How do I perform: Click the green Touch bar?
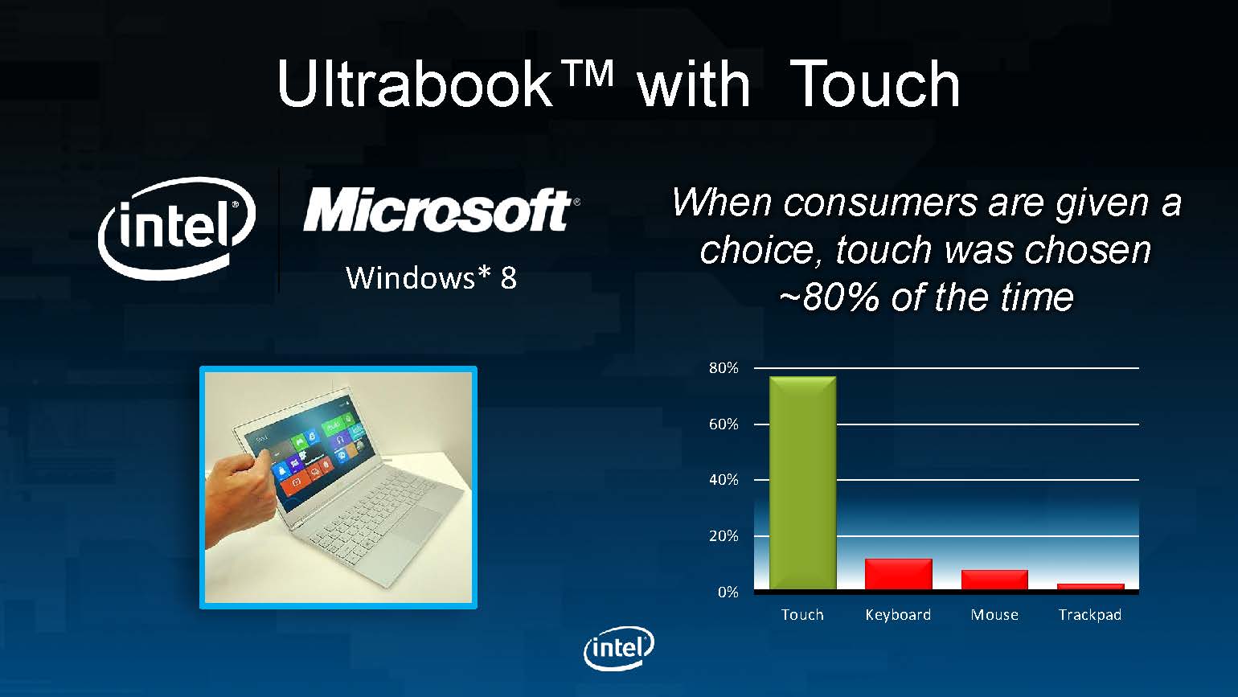tap(802, 483)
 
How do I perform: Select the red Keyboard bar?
tap(898, 574)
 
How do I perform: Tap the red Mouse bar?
tap(994, 580)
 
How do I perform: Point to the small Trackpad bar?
tap(1090, 586)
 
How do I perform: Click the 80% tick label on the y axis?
tap(724, 368)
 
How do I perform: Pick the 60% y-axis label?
tap(724, 424)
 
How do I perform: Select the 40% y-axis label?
tap(724, 480)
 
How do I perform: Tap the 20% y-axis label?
tap(724, 536)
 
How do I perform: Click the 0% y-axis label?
tap(728, 592)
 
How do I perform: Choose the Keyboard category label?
tap(898, 615)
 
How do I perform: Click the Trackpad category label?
tap(1090, 615)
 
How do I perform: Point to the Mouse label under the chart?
tap(994, 615)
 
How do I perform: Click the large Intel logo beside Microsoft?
tap(177, 228)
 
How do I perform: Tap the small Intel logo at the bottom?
tap(619, 648)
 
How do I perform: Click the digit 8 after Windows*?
tap(508, 277)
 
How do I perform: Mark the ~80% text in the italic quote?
tap(829, 297)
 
